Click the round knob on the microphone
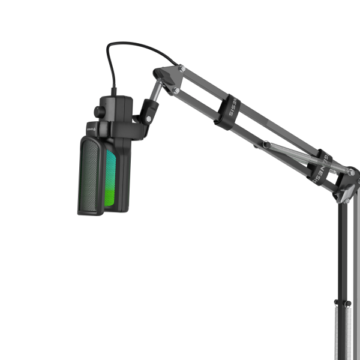click(97, 111)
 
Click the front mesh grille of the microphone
click(92, 175)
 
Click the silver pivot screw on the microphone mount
click(147, 119)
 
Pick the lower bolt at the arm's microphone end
click(176, 90)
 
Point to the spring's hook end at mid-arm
click(265, 143)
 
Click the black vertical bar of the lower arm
click(343, 252)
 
